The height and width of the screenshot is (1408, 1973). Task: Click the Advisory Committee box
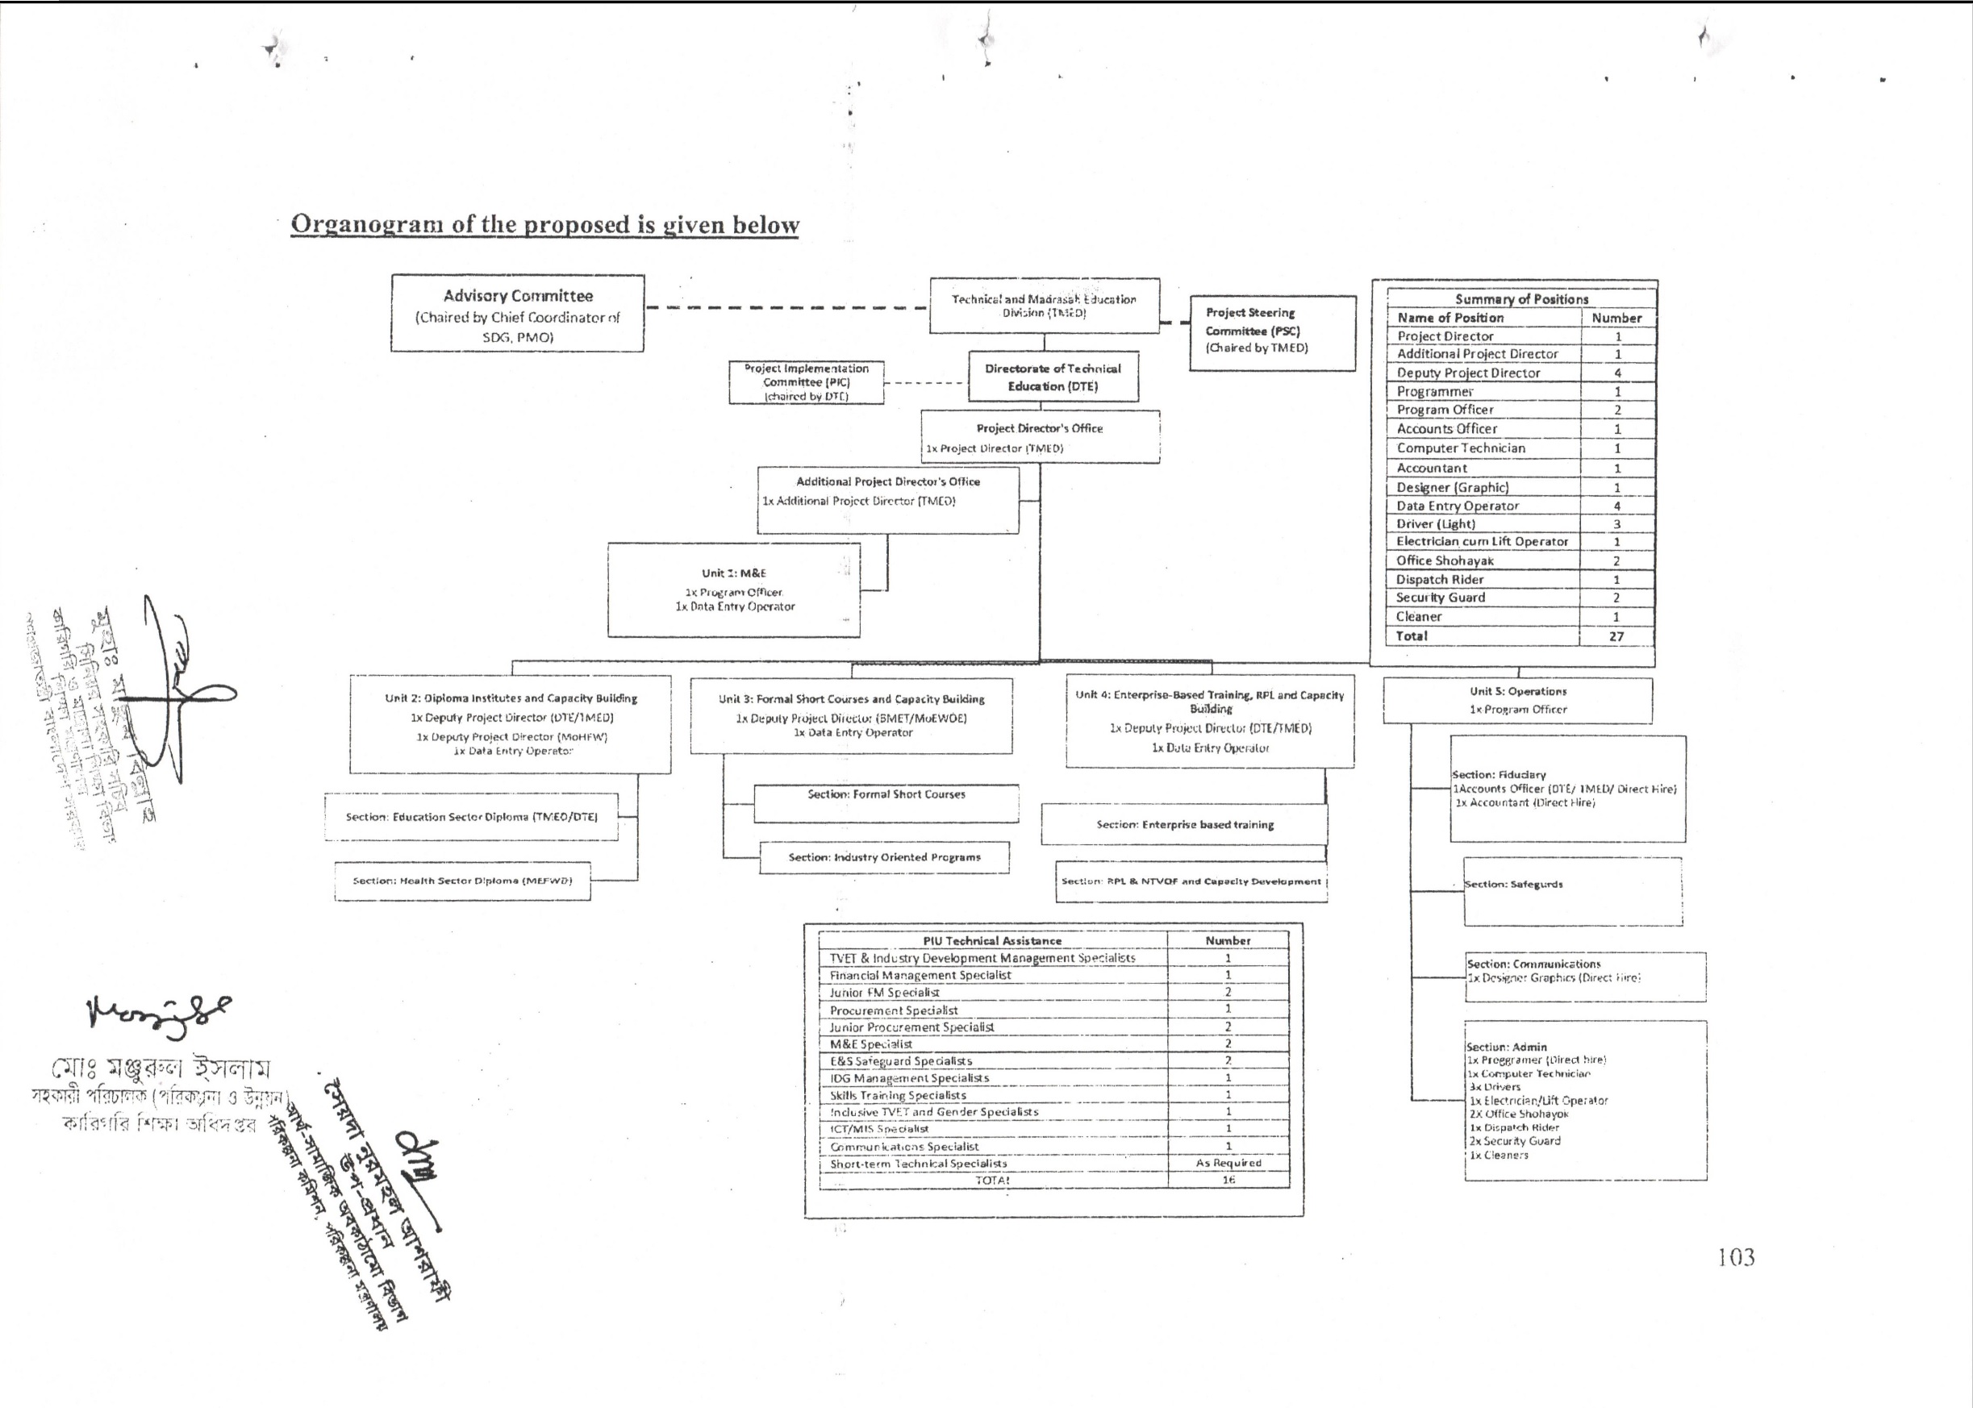(517, 313)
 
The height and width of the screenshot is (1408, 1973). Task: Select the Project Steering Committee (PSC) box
(1271, 333)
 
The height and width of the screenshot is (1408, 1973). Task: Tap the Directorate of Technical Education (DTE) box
(1053, 377)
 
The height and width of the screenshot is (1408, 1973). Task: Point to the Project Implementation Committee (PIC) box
(807, 382)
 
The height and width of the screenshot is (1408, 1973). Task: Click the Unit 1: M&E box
(734, 589)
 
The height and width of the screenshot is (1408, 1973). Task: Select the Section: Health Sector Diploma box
(462, 881)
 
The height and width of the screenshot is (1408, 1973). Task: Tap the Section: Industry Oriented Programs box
(885, 857)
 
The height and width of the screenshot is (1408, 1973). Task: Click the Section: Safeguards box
(1572, 891)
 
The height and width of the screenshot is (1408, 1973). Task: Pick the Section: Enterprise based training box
(1185, 824)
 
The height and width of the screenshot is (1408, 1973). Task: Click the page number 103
(1736, 1257)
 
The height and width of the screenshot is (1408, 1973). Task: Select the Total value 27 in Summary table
(1616, 636)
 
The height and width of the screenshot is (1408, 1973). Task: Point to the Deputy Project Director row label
(1468, 373)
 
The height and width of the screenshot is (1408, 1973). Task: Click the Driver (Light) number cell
(1616, 523)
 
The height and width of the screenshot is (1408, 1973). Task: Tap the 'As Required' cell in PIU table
(1228, 1164)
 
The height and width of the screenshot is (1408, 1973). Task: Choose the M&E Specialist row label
(870, 1044)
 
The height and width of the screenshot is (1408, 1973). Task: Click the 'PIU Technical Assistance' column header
(992, 941)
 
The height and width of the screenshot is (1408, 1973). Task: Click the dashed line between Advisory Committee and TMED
(785, 308)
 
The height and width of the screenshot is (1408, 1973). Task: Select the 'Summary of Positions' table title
(1521, 299)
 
